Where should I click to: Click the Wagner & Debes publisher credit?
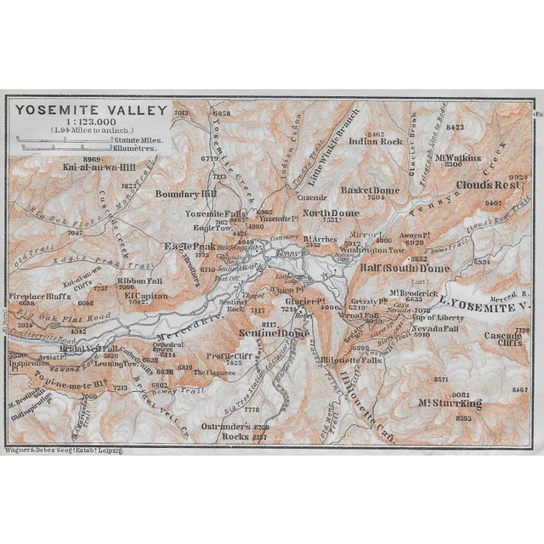(x=65, y=450)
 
